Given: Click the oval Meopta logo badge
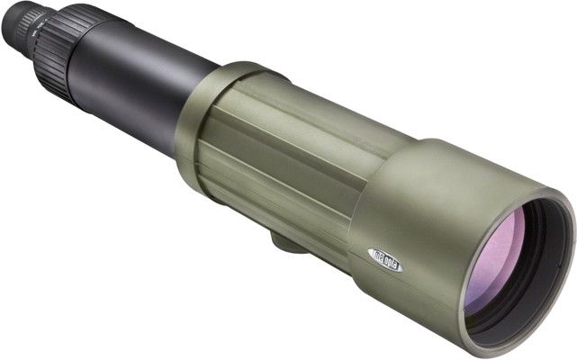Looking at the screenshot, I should pos(382,255).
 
